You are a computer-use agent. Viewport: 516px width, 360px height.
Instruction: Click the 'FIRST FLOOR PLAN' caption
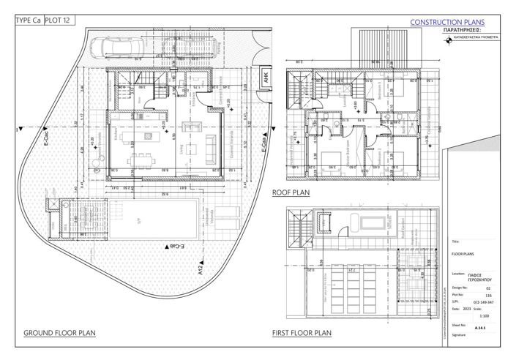tap(302, 333)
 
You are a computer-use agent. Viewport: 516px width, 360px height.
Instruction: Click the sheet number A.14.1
tap(481, 329)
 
